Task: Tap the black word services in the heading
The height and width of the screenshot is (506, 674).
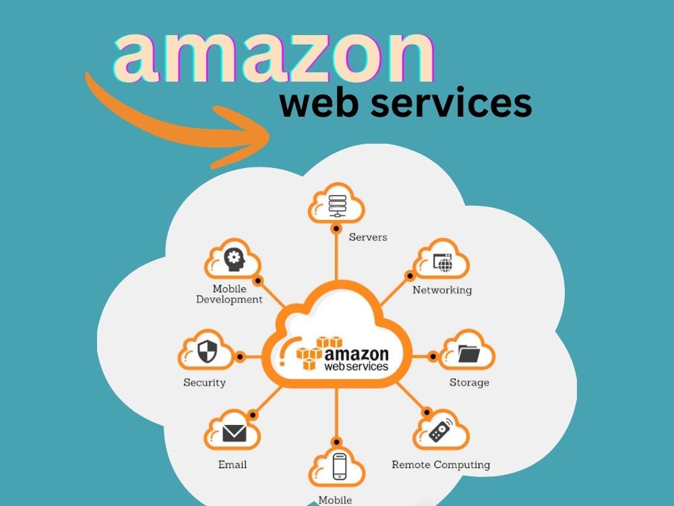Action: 458,106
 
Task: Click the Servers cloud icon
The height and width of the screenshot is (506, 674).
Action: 336,203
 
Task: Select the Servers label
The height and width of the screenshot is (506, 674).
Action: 368,237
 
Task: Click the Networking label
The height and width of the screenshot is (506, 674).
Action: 442,290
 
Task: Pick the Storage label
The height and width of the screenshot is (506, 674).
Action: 469,383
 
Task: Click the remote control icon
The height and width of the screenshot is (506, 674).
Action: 440,430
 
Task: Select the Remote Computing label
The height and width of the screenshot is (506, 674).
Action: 441,465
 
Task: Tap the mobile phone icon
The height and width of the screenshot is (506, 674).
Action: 338,466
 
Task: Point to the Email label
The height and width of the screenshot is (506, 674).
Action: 232,465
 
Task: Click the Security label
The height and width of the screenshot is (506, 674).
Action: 204,383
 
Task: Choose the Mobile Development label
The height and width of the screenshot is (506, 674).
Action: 229,294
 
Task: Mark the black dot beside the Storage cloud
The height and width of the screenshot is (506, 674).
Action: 431,356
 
